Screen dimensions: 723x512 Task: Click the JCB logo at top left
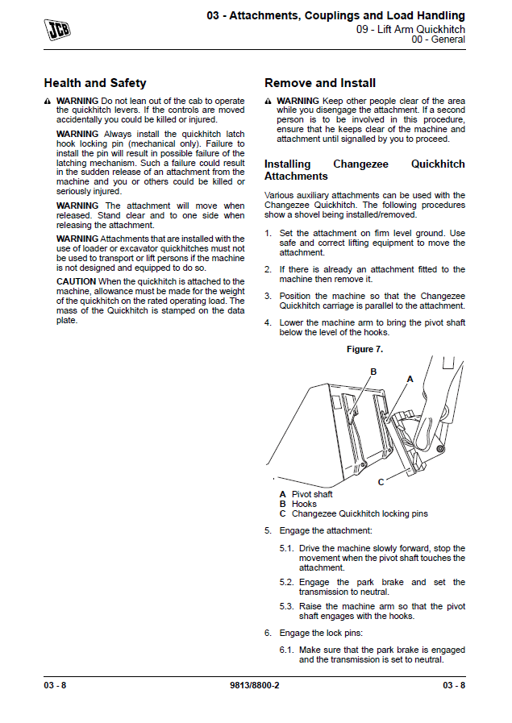[x=56, y=30]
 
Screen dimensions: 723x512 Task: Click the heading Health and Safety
[x=95, y=83]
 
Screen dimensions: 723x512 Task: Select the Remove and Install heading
[x=320, y=83]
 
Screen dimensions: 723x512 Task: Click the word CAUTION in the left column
[x=76, y=281]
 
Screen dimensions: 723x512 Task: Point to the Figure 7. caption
[x=364, y=349]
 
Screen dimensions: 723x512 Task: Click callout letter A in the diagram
[x=410, y=378]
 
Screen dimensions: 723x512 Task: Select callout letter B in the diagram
[x=373, y=372]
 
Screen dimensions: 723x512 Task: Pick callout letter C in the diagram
[x=381, y=481]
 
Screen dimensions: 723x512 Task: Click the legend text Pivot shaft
[x=312, y=494]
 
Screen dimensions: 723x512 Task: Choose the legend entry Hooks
[x=304, y=504]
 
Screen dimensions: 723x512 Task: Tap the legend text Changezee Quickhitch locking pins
[x=360, y=513]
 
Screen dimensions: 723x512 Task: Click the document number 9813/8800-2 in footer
[x=255, y=685]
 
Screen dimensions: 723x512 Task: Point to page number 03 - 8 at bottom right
[x=454, y=685]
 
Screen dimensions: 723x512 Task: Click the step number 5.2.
[x=287, y=582]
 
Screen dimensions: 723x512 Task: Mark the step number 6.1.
[x=287, y=650]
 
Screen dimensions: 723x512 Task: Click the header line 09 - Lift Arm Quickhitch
[x=410, y=29]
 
